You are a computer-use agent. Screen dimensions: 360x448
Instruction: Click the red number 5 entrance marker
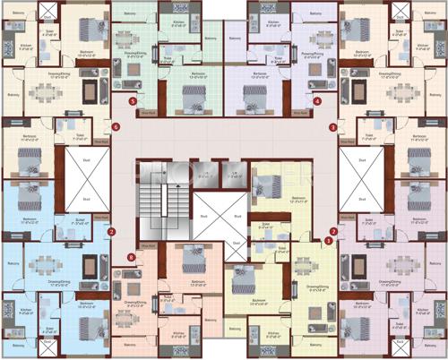[134, 101]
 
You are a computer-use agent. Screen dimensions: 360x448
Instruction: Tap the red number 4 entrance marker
[318, 101]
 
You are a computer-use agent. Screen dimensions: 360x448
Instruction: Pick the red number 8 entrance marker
[132, 258]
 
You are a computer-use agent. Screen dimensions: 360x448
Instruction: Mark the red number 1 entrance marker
[329, 240]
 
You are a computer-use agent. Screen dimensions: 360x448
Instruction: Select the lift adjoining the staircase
[205, 174]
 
